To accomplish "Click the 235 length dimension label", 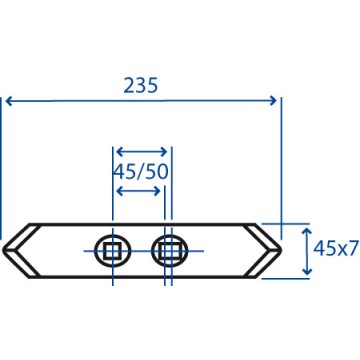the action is (140, 86).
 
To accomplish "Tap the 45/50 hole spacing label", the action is (140, 172).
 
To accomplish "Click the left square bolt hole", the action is (112, 251).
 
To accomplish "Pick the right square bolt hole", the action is (169, 251).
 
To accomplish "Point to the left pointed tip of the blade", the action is (3, 249).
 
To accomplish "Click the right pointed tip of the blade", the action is (281, 249).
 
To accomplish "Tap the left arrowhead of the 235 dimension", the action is (9, 101).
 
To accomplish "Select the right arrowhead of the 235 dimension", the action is (273, 100).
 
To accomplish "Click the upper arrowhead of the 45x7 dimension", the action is (307, 231).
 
